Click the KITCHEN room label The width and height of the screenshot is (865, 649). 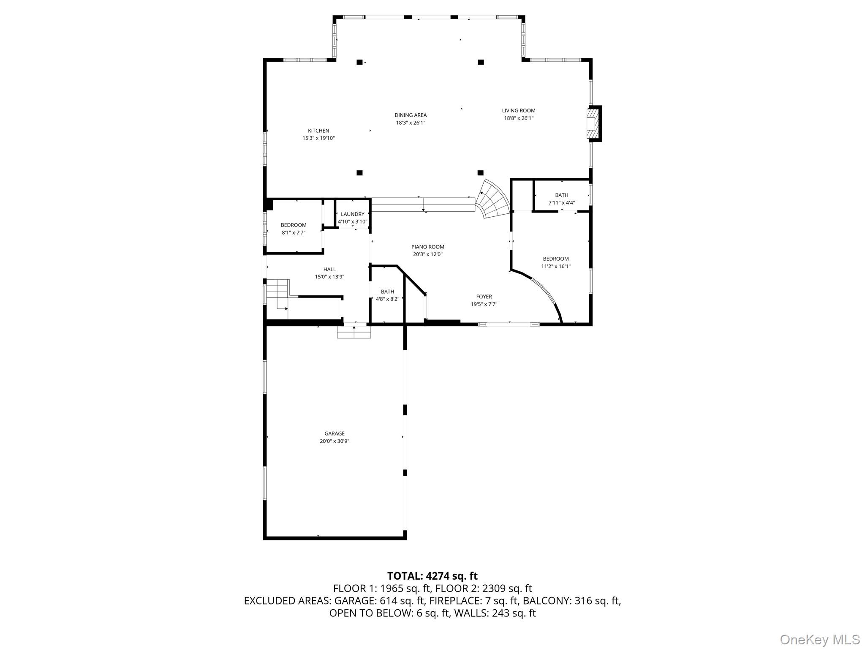click(x=318, y=131)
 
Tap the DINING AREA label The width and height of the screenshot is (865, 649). click(x=410, y=115)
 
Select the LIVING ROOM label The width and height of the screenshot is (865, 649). click(x=518, y=111)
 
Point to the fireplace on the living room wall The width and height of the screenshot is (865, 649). click(x=594, y=123)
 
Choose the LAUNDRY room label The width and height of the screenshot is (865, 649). click(x=352, y=214)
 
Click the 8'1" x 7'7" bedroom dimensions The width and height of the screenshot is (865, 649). click(x=294, y=232)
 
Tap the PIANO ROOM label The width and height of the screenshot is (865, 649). click(x=427, y=247)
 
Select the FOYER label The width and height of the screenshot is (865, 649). click(x=484, y=297)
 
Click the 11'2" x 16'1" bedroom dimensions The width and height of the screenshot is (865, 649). click(x=555, y=266)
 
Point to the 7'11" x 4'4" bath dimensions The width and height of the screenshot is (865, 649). click(x=561, y=203)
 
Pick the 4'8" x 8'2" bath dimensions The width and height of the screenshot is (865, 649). click(x=387, y=299)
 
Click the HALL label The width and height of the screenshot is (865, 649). click(x=329, y=269)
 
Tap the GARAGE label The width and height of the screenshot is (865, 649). click(x=334, y=434)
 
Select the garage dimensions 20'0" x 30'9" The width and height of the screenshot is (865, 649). click(x=334, y=441)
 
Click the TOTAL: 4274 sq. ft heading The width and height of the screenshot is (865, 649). click(x=432, y=576)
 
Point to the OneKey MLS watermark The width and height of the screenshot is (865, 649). click(x=819, y=639)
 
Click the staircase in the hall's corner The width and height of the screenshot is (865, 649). click(x=277, y=296)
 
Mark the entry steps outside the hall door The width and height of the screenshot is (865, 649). click(x=354, y=333)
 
